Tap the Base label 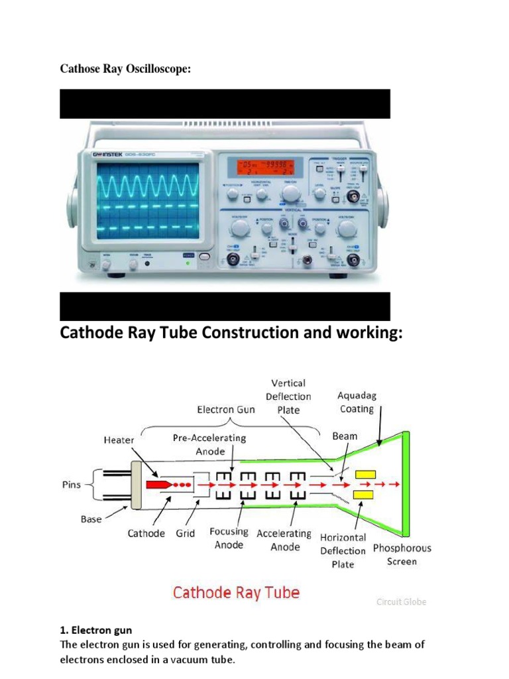(91, 519)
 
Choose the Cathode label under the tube (146, 533)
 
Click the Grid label (186, 533)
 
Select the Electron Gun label (225, 410)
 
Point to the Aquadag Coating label (357, 402)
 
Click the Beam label (345, 436)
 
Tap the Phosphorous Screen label (402, 555)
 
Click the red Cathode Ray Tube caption (236, 592)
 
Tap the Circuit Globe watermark (401, 602)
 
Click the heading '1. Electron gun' (96, 631)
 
